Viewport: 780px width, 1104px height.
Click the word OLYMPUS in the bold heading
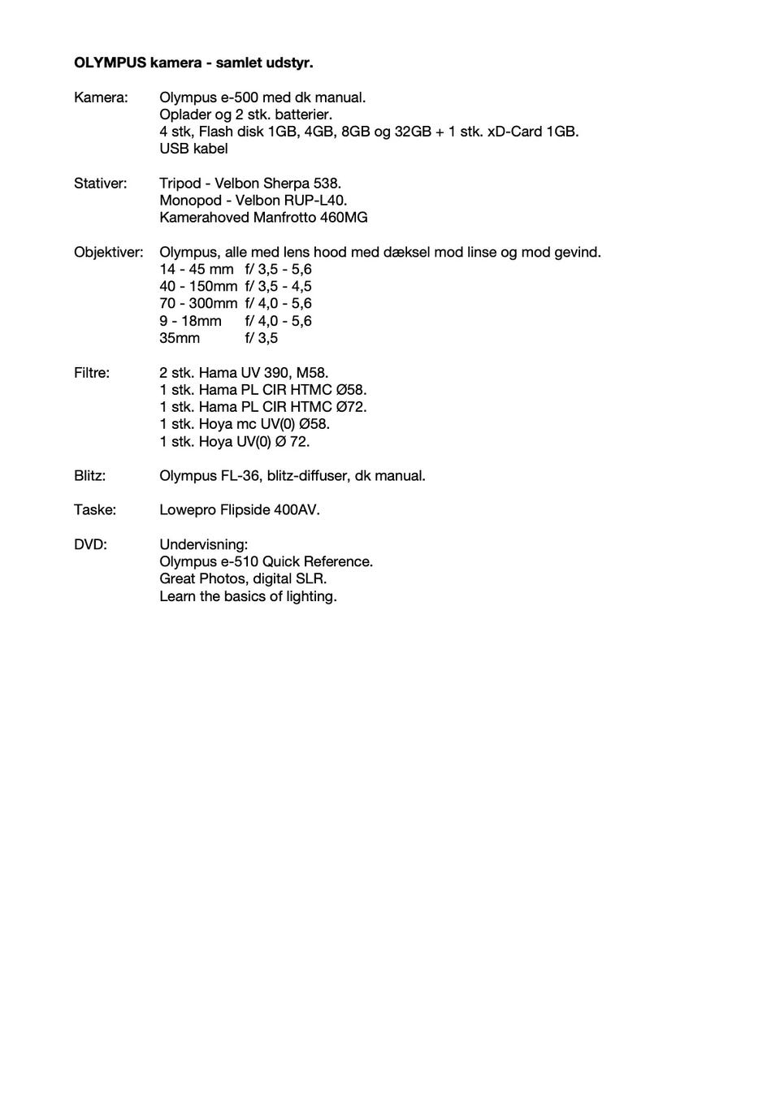tap(110, 63)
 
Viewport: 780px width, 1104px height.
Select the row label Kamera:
tap(101, 97)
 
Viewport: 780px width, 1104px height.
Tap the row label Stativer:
tap(100, 184)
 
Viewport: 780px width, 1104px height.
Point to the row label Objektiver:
tap(108, 253)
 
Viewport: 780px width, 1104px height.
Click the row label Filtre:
tap(92, 373)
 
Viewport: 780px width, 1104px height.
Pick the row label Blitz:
tap(89, 476)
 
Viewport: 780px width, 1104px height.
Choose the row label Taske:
tap(95, 510)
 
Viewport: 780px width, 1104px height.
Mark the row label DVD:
tap(90, 544)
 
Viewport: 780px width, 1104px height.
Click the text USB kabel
tap(193, 149)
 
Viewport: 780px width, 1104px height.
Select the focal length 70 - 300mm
tap(198, 304)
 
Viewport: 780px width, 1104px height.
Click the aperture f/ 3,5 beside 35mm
tap(262, 338)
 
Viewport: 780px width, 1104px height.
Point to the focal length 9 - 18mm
tap(190, 321)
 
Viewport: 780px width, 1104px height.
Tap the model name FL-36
tap(240, 476)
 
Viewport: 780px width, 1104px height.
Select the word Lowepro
tap(188, 510)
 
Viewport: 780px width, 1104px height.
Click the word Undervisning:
tap(203, 544)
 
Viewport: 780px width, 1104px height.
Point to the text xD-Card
tap(514, 132)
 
